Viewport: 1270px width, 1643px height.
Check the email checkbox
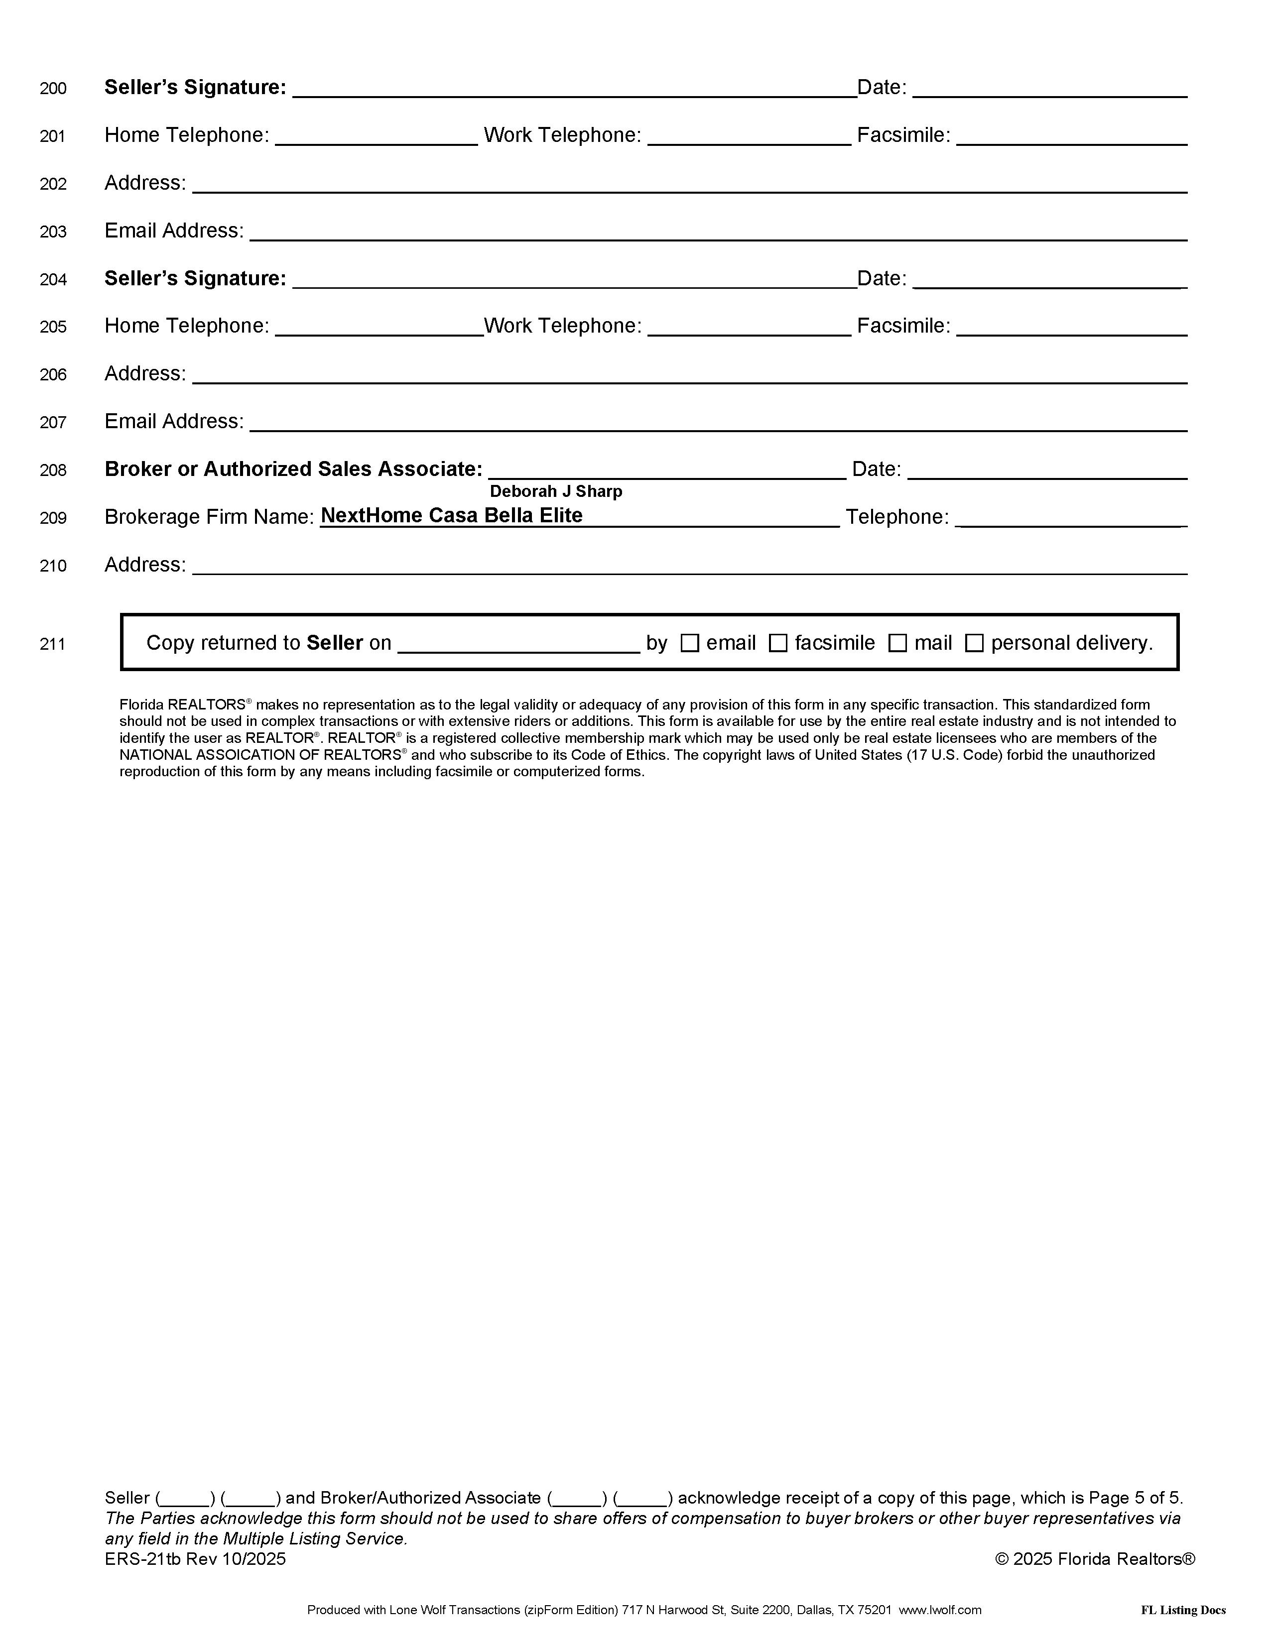689,643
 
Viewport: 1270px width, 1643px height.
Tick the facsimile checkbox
778,643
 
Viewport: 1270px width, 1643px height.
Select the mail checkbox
897,643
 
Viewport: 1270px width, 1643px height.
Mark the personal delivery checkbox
974,643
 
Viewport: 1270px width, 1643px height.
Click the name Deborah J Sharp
556,491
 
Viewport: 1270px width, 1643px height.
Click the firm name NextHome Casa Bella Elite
451,515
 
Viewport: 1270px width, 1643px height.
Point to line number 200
53,89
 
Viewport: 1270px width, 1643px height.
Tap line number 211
53,644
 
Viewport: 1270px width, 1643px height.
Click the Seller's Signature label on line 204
195,278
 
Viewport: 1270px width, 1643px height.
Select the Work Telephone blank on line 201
749,137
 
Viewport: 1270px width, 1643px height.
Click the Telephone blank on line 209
1071,518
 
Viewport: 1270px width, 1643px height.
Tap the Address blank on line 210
689,566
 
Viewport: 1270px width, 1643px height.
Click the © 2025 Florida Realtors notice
1095,1559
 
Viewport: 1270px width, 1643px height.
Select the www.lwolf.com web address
940,1610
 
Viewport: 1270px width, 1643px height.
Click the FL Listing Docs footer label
1183,1610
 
